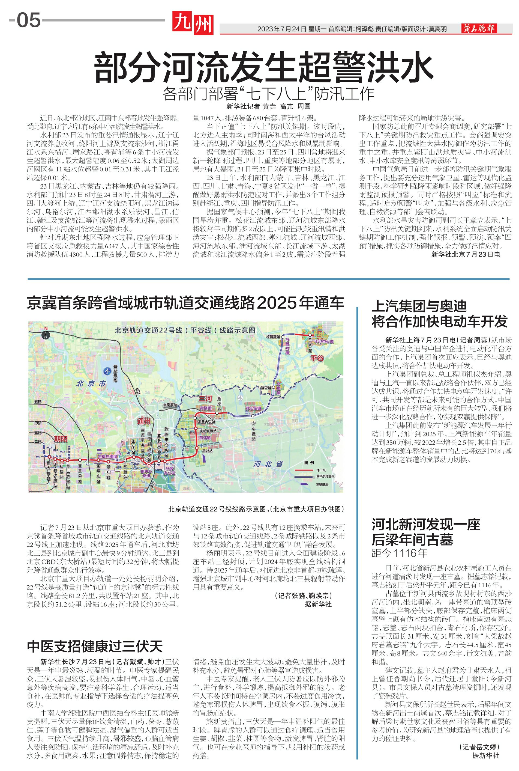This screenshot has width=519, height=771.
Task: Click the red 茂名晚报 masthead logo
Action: point(479,29)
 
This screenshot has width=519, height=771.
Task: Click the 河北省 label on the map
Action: point(268,464)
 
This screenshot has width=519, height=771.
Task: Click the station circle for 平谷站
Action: point(310,335)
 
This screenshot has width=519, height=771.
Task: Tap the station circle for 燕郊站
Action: point(197,448)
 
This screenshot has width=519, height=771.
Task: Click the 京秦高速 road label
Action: point(170,405)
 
